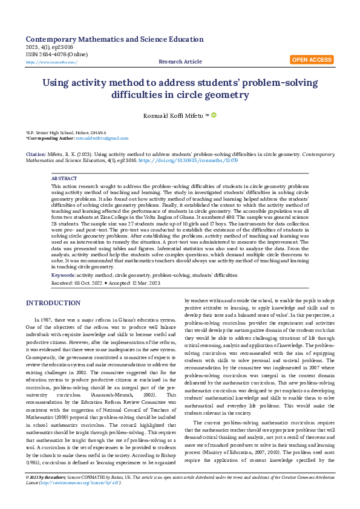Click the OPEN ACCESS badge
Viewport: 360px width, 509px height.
click(x=312, y=60)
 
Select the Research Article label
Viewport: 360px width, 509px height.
click(x=180, y=62)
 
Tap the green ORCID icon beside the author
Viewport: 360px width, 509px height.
click(x=213, y=114)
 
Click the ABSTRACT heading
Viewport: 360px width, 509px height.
click(x=64, y=179)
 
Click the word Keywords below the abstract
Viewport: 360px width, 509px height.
click(x=63, y=275)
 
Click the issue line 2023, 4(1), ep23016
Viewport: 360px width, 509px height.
click(x=50, y=47)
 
